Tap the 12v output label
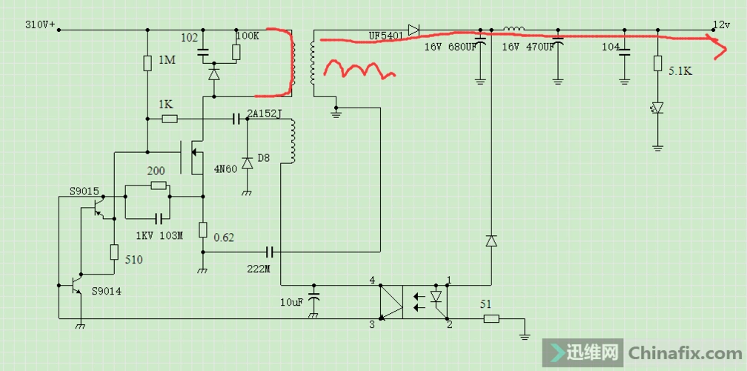click(721, 24)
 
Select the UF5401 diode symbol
click(414, 30)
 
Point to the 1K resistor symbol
click(169, 119)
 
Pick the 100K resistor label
click(248, 36)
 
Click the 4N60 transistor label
click(225, 169)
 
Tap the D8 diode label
click(262, 159)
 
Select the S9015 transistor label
click(85, 191)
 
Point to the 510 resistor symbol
click(114, 252)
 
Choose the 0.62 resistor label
click(224, 237)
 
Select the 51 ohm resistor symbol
click(491, 319)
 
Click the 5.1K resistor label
click(680, 72)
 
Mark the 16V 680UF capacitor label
click(450, 47)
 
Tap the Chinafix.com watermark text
click(683, 352)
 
